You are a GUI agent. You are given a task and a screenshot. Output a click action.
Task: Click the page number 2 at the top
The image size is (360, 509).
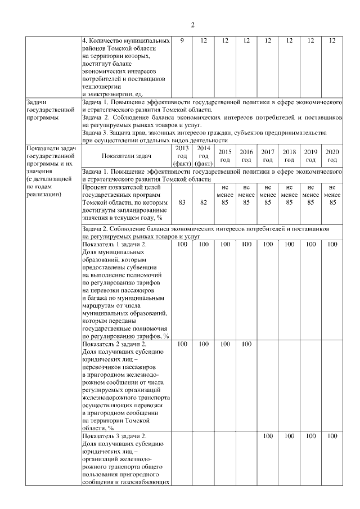coord(192,25)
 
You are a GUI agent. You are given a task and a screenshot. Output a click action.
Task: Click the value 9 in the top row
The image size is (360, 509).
coord(182,41)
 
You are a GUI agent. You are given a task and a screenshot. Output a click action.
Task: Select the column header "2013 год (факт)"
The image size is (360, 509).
coord(182,156)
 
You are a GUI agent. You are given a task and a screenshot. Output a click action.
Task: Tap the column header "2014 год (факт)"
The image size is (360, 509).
coord(203,156)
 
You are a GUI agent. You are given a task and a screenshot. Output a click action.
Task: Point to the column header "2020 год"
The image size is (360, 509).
coord(332,156)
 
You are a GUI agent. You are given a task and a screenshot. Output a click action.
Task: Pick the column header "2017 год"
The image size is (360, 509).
coord(268,156)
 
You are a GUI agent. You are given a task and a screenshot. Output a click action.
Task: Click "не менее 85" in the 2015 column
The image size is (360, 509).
coord(225,194)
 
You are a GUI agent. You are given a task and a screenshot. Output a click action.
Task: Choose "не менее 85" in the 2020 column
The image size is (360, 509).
coord(332,194)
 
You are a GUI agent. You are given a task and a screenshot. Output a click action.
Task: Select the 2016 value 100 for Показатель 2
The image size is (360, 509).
coord(246,344)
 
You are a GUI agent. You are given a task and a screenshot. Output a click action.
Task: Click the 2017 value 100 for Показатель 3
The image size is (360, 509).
coord(268,436)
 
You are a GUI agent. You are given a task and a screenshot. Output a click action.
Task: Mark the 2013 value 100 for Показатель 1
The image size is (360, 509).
coord(182,245)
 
